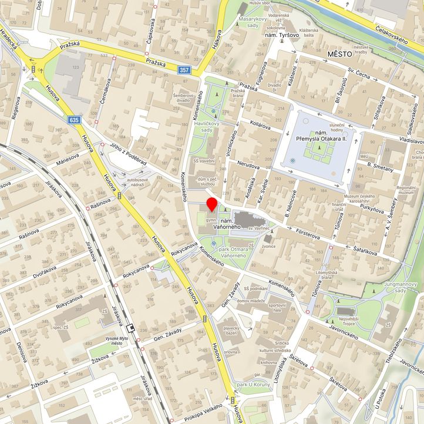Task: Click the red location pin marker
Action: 211,206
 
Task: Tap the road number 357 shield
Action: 184,70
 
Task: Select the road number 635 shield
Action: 74,120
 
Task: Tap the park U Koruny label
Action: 253,385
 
